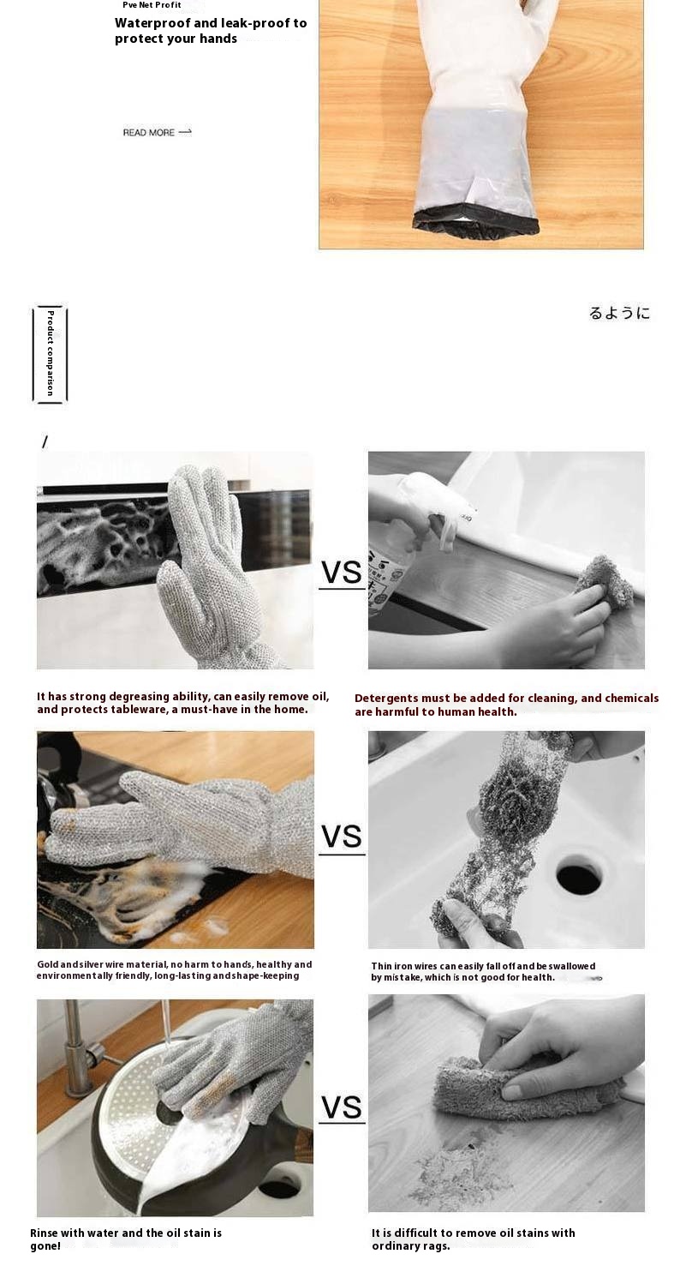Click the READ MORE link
[x=157, y=132]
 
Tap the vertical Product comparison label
[x=50, y=353]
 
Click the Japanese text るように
[x=619, y=313]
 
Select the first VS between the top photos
[x=342, y=572]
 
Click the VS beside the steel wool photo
[x=342, y=837]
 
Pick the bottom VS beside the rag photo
[x=342, y=1107]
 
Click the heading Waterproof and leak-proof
[x=211, y=31]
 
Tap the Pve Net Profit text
[x=152, y=4]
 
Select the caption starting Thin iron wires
[x=483, y=972]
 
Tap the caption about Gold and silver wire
[x=174, y=970]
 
